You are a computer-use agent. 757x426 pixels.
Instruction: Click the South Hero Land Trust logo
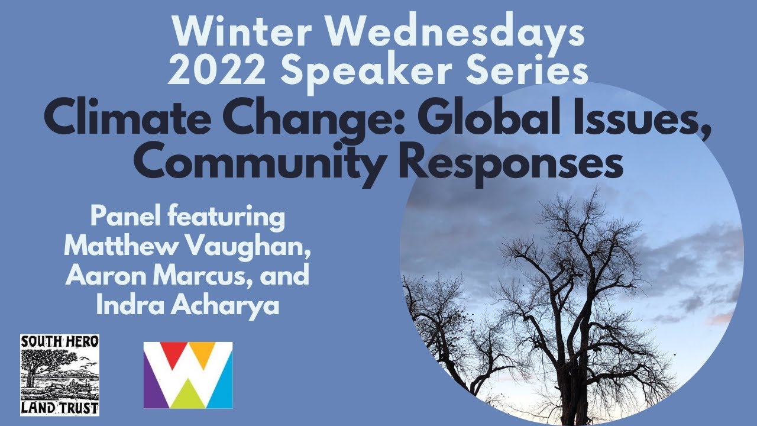(60, 375)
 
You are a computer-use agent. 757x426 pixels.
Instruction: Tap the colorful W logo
(188, 375)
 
